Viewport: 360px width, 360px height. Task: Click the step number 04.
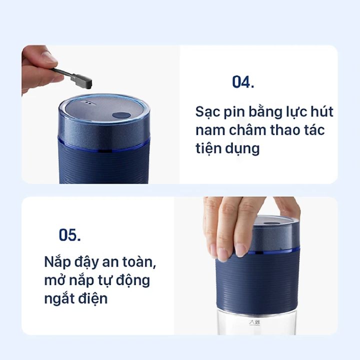pyautogui.click(x=243, y=82)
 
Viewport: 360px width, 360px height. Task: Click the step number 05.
pyautogui.click(x=70, y=234)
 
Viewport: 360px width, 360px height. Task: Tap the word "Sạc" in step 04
pyautogui.click(x=207, y=112)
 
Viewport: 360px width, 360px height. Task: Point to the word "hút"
pyautogui.click(x=322, y=112)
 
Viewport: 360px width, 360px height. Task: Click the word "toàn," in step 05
pyautogui.click(x=139, y=262)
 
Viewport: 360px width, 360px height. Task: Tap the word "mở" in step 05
pyautogui.click(x=53, y=280)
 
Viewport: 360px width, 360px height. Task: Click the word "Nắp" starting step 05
pyautogui.click(x=57, y=262)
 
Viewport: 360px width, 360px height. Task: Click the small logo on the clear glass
pyautogui.click(x=254, y=322)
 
